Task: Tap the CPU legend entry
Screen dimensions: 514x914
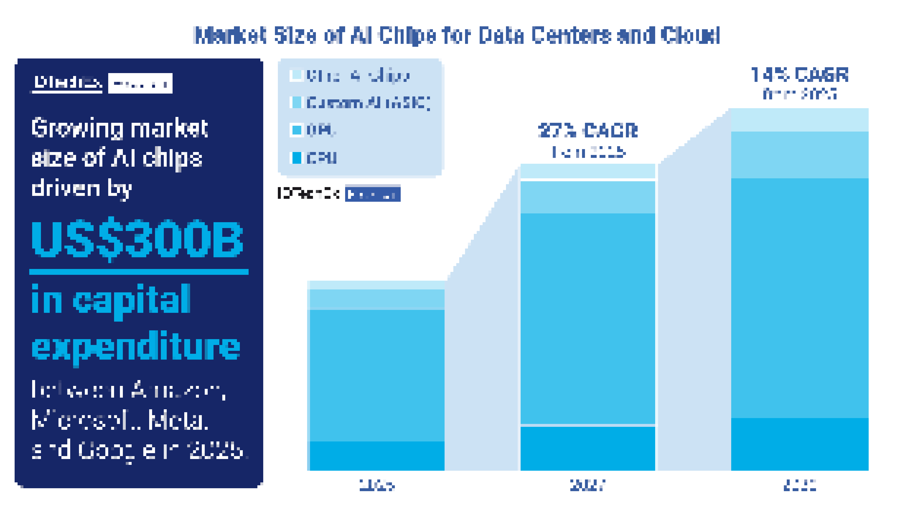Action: coord(321,158)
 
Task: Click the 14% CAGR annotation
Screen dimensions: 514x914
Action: coord(800,75)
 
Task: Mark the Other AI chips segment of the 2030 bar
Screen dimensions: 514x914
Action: coord(800,120)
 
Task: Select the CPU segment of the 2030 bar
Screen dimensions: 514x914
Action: coord(800,444)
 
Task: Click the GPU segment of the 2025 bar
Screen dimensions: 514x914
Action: coord(377,375)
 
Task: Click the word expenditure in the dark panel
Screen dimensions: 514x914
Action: coord(136,347)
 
